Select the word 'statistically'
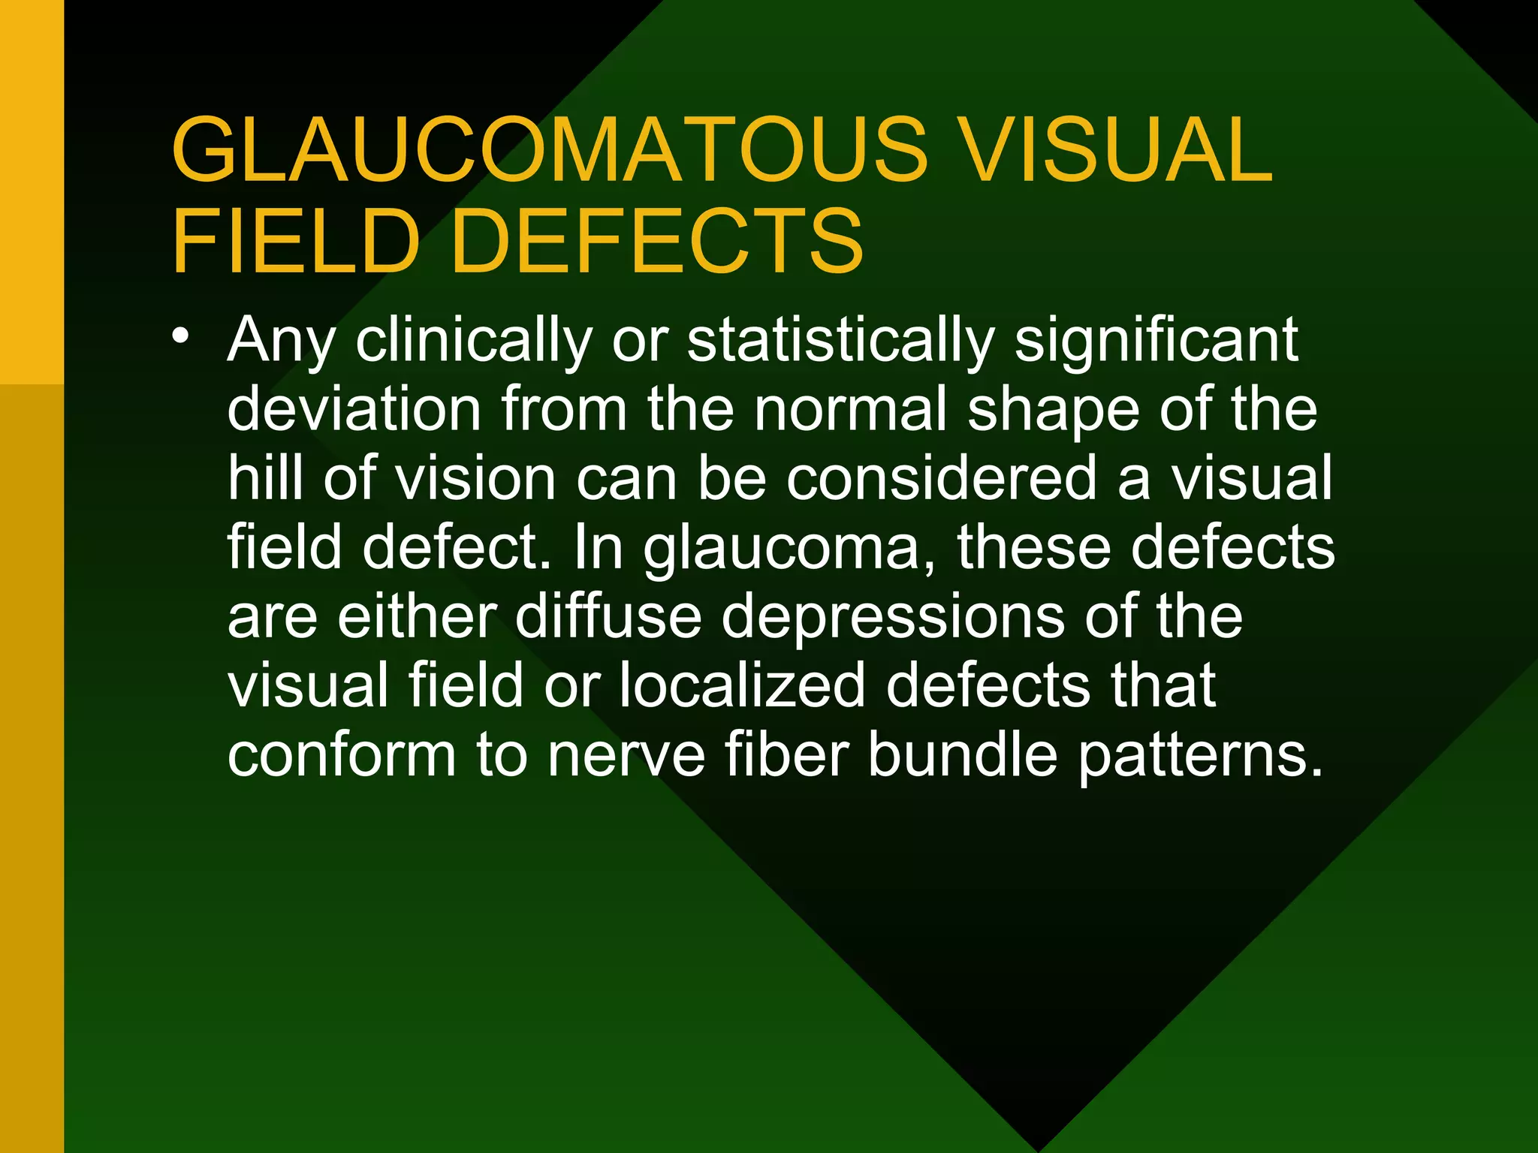[x=841, y=341]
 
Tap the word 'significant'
[x=1157, y=341]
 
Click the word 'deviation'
[x=354, y=409]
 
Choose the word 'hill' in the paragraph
[x=265, y=478]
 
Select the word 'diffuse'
[x=608, y=616]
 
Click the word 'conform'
[x=342, y=754]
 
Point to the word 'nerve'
[x=626, y=754]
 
